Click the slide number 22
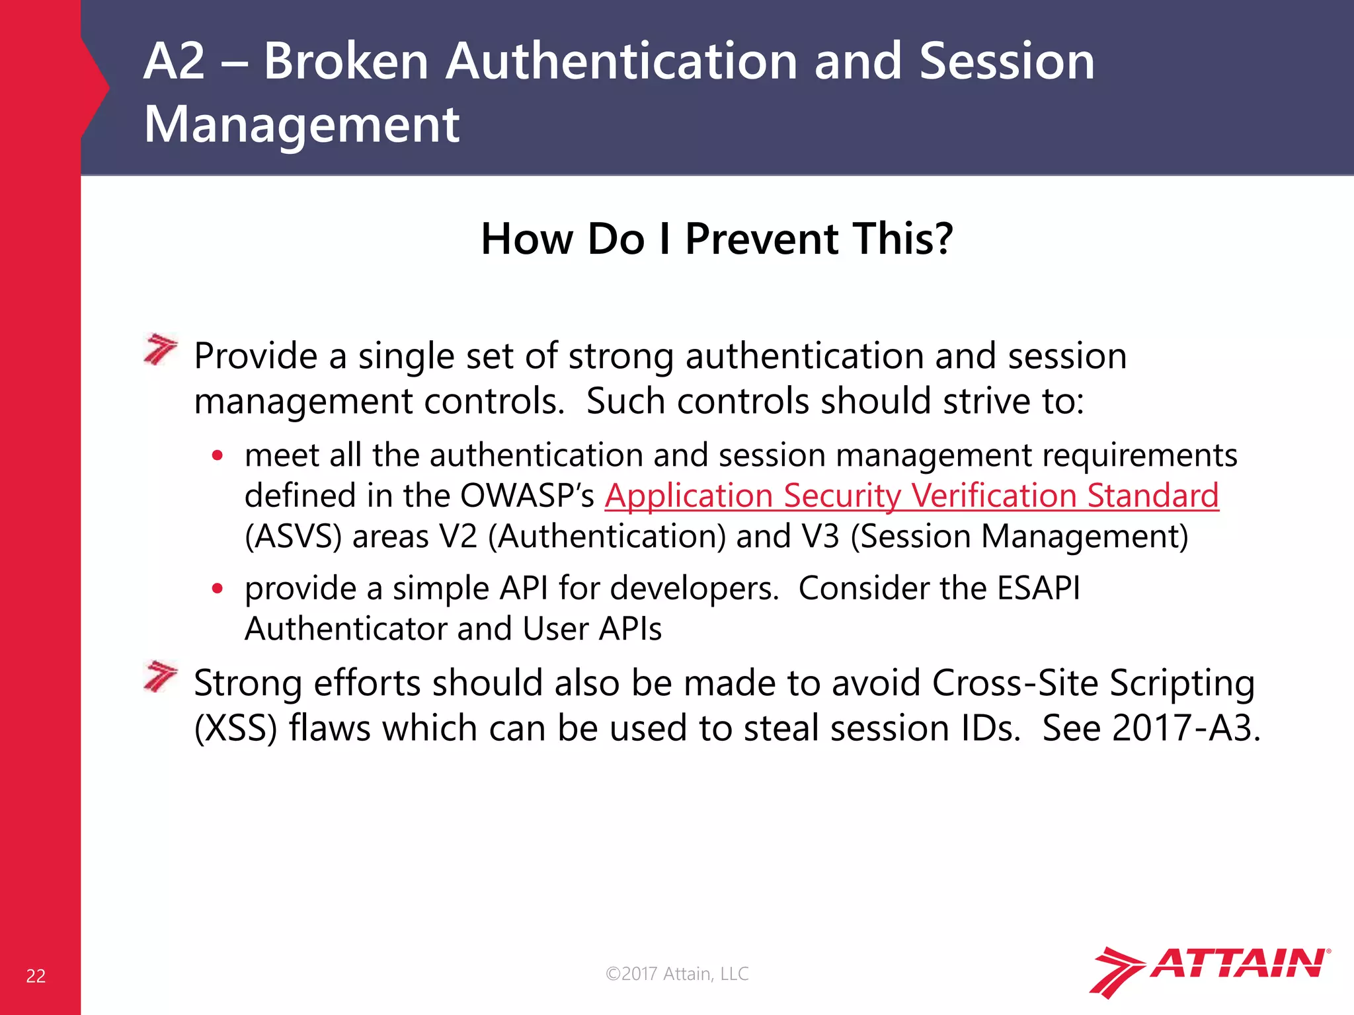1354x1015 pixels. click(36, 976)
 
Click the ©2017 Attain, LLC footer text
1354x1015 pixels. click(677, 973)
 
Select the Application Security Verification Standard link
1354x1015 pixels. click(911, 496)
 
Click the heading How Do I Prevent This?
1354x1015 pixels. click(717, 239)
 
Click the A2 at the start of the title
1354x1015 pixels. click(174, 61)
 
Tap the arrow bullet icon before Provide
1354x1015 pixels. click(161, 350)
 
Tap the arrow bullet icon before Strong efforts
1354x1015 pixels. click(161, 676)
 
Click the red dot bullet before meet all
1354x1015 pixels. click(218, 455)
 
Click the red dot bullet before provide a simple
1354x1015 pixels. click(218, 588)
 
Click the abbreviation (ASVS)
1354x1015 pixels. click(293, 536)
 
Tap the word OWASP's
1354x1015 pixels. click(527, 496)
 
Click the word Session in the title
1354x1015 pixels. click(1006, 61)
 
